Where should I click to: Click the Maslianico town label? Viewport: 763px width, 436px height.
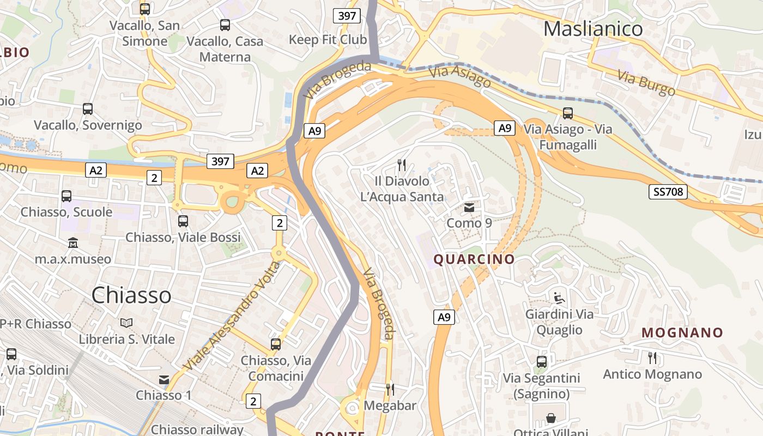point(593,28)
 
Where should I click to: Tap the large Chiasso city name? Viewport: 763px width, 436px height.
point(131,295)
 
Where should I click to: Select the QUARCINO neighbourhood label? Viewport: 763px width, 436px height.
point(474,259)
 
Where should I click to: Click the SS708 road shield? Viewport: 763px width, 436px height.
point(668,192)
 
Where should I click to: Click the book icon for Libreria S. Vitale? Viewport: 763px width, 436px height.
point(126,323)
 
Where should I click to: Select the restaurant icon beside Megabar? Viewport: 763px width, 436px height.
point(390,389)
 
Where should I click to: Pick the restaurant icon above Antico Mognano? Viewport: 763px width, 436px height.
point(652,358)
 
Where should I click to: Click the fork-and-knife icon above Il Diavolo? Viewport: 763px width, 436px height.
point(402,165)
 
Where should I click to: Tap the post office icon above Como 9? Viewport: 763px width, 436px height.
point(469,208)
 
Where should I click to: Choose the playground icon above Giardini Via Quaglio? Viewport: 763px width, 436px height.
point(559,298)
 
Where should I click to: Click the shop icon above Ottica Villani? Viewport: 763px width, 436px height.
point(551,419)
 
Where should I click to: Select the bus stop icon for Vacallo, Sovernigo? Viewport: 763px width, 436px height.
point(88,109)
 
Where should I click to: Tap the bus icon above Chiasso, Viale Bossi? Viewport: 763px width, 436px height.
point(183,221)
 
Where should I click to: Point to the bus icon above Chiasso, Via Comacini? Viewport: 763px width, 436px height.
point(276,344)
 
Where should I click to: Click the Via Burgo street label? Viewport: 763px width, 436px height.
point(646,83)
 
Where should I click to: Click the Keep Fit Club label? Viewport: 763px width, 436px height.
point(328,40)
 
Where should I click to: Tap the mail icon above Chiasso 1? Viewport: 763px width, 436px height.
point(164,380)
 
